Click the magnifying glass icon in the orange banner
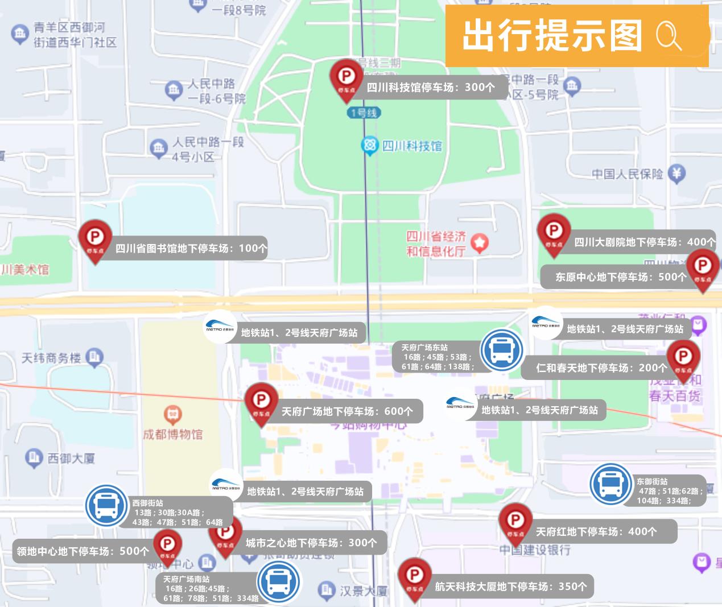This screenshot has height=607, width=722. pyautogui.click(x=669, y=35)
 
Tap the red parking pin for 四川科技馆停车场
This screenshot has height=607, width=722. pyautogui.click(x=346, y=77)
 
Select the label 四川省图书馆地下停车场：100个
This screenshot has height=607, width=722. pyautogui.click(x=191, y=248)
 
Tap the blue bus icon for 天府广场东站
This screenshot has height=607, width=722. pyautogui.click(x=501, y=350)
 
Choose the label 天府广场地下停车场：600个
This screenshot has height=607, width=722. pyautogui.click(x=347, y=411)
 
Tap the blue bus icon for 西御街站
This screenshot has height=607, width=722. pyautogui.click(x=106, y=505)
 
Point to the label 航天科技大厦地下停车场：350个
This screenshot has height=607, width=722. pyautogui.click(x=510, y=587)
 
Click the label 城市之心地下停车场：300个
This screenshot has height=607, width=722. pyautogui.click(x=311, y=543)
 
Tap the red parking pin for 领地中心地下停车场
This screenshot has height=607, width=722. pyautogui.click(x=167, y=546)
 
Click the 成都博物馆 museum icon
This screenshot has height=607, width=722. pyautogui.click(x=172, y=415)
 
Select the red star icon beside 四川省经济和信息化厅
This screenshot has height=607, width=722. pyautogui.click(x=480, y=243)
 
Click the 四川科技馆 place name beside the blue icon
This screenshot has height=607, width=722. pyautogui.click(x=412, y=146)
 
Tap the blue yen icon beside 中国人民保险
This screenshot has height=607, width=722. pyautogui.click(x=676, y=174)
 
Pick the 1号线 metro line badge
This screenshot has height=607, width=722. pyautogui.click(x=364, y=113)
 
